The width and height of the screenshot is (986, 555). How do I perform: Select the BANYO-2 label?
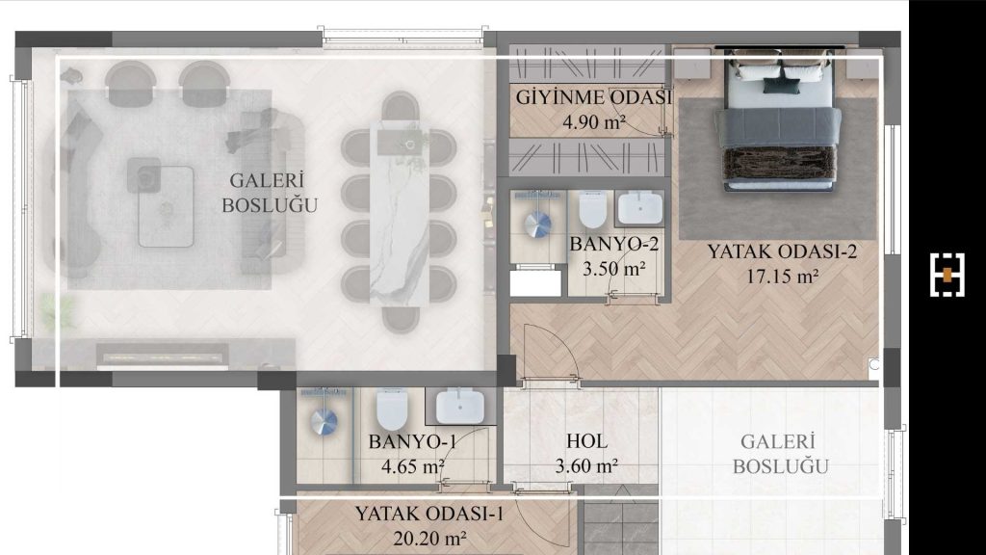[x=613, y=245]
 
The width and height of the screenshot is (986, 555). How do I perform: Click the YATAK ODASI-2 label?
[x=781, y=251]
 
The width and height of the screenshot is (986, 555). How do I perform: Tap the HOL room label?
[x=586, y=441]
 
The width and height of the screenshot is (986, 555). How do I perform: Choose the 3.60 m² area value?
[x=586, y=466]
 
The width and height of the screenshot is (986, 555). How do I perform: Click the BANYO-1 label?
[x=412, y=442]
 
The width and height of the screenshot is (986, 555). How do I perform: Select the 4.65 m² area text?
[x=412, y=466]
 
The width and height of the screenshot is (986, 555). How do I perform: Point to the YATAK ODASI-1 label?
[x=429, y=514]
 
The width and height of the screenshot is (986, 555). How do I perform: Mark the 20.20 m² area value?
[x=429, y=538]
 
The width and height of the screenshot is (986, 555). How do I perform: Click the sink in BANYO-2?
[x=639, y=208]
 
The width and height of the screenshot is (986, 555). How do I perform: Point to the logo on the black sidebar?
[x=947, y=275]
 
